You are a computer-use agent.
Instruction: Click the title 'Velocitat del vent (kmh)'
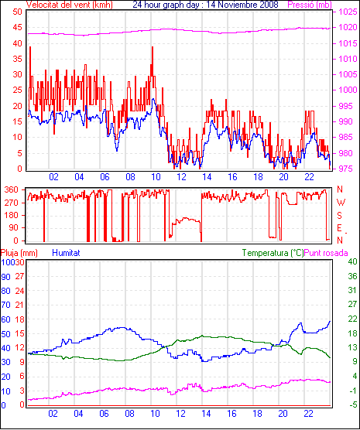click(70, 5)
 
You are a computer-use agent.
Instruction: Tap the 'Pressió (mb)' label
click(310, 5)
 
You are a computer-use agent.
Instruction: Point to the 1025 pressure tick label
click(348, 12)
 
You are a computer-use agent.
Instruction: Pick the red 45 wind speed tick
click(18, 27)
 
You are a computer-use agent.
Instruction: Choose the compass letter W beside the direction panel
click(341, 203)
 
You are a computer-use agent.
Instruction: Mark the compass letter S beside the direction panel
click(339, 216)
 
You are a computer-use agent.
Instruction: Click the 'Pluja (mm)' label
click(19, 253)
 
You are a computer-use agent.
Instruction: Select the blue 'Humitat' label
click(66, 253)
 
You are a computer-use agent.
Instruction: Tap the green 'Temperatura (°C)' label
click(273, 253)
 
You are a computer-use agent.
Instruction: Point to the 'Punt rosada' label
click(326, 253)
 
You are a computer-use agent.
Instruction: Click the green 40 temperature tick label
click(352, 261)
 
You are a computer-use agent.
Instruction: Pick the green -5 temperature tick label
click(352, 404)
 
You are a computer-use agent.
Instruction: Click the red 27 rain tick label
click(20, 276)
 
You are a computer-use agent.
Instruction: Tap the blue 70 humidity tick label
click(5, 305)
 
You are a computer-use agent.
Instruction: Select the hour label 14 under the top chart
click(207, 177)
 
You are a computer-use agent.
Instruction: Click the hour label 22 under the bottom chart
click(308, 414)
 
